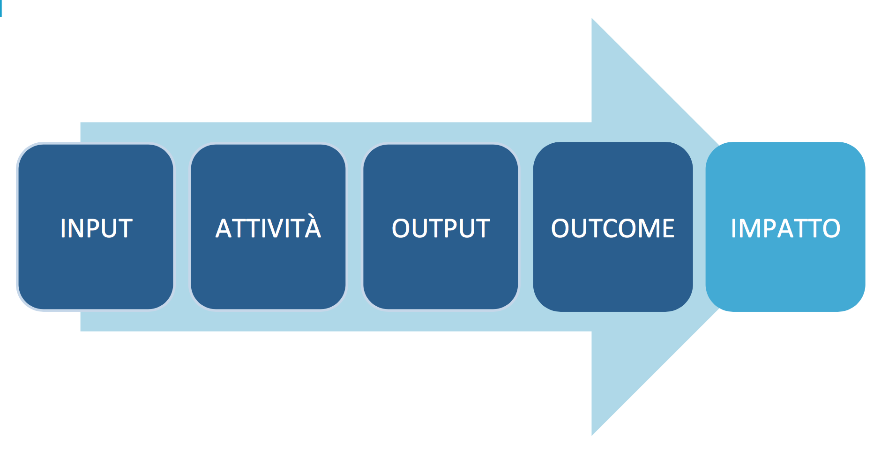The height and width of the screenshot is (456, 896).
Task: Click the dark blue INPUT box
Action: tap(96, 227)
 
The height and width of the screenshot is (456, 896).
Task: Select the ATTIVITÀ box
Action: tap(268, 227)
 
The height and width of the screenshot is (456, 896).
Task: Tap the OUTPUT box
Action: tap(441, 227)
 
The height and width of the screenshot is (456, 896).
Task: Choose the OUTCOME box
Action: tap(613, 227)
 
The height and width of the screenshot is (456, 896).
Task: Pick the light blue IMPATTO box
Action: tap(785, 227)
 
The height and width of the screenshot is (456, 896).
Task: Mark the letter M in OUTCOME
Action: tap(646, 228)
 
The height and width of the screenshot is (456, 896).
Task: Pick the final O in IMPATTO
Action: tap(830, 228)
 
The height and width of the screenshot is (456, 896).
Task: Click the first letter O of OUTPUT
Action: tap(402, 228)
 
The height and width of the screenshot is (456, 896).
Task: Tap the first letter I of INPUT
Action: tap(63, 228)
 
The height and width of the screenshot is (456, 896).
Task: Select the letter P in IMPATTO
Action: tap(773, 228)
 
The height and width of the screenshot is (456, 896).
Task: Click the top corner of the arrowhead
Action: tap(592, 18)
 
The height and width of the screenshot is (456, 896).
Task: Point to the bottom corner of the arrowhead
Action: tap(592, 435)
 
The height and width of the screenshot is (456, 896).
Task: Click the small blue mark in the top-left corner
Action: tap(1, 8)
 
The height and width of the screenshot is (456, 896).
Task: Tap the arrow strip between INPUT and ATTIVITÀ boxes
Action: tap(182, 227)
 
